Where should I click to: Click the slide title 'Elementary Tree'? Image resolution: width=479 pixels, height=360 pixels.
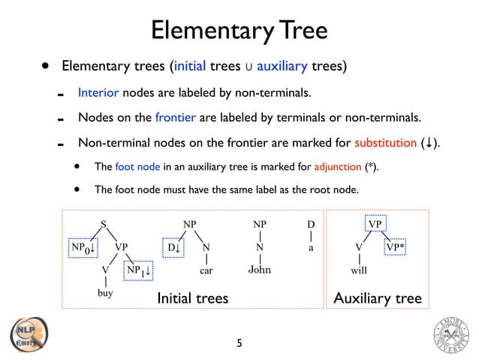239,30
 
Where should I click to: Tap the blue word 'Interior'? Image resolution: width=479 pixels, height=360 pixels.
99,93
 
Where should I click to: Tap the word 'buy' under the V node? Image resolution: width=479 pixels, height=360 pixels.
105,294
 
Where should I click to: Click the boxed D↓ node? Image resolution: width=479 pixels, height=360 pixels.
174,247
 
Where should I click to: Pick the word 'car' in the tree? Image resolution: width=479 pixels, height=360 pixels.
206,268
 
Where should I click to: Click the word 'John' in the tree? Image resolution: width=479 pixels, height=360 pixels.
259,269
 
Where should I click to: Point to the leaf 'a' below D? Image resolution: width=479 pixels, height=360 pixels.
311,247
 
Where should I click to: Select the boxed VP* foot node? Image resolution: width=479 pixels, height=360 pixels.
398,247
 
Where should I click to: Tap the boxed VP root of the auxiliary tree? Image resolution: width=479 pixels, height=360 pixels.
375,224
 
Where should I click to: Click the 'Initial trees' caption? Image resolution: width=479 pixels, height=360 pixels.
192,299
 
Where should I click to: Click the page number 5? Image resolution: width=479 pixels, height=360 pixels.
239,343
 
